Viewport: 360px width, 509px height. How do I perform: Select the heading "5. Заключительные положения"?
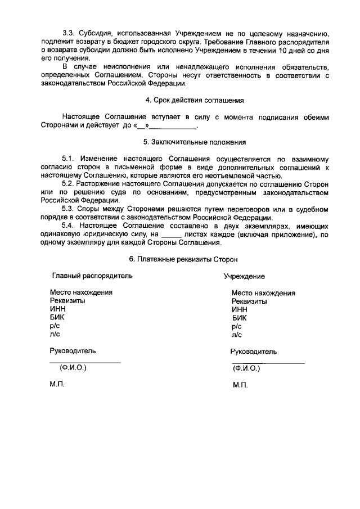coord(194,143)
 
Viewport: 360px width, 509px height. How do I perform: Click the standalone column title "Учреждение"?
coord(244,277)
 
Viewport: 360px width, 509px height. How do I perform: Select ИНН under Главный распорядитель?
coord(57,309)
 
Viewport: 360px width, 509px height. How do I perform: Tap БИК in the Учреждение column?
coord(238,317)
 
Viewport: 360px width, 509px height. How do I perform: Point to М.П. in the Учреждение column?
coord(240,386)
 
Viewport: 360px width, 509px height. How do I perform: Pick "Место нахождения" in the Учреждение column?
coord(263,292)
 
